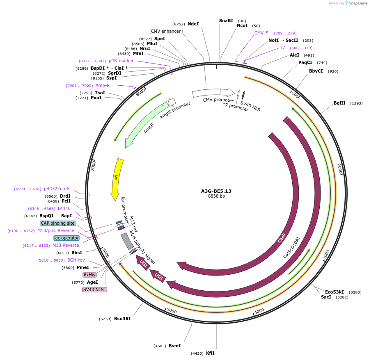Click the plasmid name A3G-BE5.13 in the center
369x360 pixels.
(216, 191)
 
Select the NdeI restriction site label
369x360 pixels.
(193, 24)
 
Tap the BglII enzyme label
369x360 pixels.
(339, 103)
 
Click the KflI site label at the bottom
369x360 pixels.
(210, 353)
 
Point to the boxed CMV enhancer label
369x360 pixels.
(166, 31)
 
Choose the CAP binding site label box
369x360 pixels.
(58, 223)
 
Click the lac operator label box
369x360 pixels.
(66, 238)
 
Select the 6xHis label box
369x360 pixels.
(89, 275)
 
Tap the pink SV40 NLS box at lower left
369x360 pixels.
(94, 289)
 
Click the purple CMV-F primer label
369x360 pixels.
(261, 33)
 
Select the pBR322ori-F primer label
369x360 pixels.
(57, 189)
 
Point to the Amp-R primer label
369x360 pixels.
(103, 86)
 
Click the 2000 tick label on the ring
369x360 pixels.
(339, 168)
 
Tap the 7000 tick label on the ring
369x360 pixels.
(94, 166)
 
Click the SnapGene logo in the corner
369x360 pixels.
(356, 3)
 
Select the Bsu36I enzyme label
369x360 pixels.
(122, 319)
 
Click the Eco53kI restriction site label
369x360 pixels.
(335, 292)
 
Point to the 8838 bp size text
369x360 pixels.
(216, 196)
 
